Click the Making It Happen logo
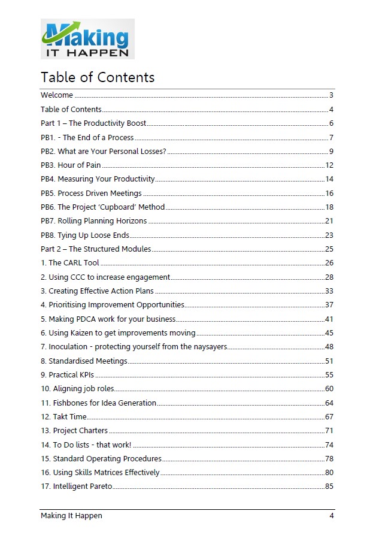pyautogui.click(x=87, y=39)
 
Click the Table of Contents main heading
pyautogui.click(x=98, y=77)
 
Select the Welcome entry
pyautogui.click(x=57, y=95)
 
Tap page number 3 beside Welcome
pyautogui.click(x=331, y=95)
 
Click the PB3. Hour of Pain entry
pyautogui.click(x=71, y=165)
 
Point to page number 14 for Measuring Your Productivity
pyautogui.click(x=329, y=179)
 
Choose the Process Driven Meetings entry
pyautogui.click(x=91, y=193)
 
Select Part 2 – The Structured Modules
pyautogui.click(x=96, y=249)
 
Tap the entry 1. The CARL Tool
pyautogui.click(x=70, y=263)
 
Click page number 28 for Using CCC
pyautogui.click(x=329, y=277)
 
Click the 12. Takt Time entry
pyautogui.click(x=63, y=416)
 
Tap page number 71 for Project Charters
pyautogui.click(x=329, y=431)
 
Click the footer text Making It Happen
pyautogui.click(x=71, y=516)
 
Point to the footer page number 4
pyautogui.click(x=331, y=516)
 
